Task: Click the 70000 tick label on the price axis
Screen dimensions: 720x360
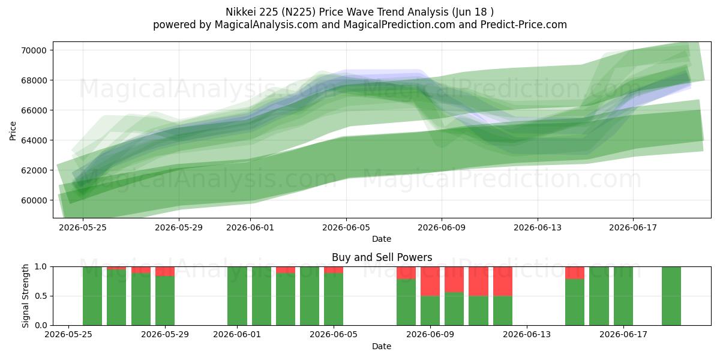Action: pos(34,50)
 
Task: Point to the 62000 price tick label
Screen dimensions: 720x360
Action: pos(34,170)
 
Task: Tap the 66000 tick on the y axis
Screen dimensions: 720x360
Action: pos(34,110)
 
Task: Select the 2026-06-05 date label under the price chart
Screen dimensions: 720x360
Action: pos(346,227)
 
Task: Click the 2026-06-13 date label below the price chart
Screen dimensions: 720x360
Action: pos(538,227)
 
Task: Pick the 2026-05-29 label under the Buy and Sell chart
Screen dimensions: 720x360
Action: pos(165,335)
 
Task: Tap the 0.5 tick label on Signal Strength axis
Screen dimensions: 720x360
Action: pos(41,296)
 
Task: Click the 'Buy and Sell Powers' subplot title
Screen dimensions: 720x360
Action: pos(382,257)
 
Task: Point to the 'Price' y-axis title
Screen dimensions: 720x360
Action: pos(13,131)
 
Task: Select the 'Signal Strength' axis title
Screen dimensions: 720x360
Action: pos(25,296)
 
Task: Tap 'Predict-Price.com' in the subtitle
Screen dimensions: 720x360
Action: pos(524,25)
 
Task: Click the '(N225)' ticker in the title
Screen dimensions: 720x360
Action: pos(298,12)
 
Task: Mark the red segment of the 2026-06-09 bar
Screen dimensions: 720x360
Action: pos(430,281)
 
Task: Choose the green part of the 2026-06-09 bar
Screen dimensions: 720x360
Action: pos(430,311)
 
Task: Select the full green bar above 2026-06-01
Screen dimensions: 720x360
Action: pos(237,296)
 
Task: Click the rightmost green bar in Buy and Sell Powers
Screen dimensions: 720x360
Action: pos(671,296)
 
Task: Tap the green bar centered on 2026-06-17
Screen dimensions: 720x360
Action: pos(623,296)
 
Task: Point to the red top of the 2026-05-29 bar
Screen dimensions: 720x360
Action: pos(165,271)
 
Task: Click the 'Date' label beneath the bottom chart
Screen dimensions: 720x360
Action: pos(382,347)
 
